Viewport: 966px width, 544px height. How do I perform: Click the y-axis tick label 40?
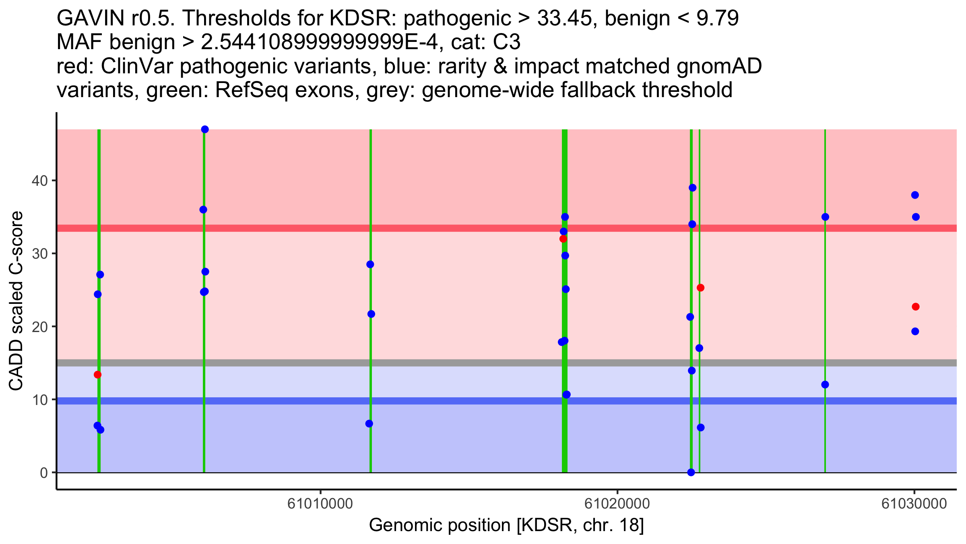coord(39,181)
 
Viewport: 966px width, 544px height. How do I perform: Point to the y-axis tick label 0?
coord(43,473)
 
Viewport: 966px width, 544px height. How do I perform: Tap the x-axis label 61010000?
coord(320,504)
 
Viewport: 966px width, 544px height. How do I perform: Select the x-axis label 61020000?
coord(617,504)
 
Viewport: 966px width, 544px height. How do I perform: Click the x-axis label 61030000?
coord(914,504)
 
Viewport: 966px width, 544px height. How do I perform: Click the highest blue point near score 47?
coord(205,129)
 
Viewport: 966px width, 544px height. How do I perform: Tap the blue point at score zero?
coord(691,472)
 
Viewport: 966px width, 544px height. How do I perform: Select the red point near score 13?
coord(97,375)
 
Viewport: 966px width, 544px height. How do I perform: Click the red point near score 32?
coord(563,239)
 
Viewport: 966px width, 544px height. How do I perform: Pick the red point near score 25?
coord(700,288)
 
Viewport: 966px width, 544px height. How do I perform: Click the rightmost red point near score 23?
coord(916,307)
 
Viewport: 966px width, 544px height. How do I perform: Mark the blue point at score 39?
coord(692,188)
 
